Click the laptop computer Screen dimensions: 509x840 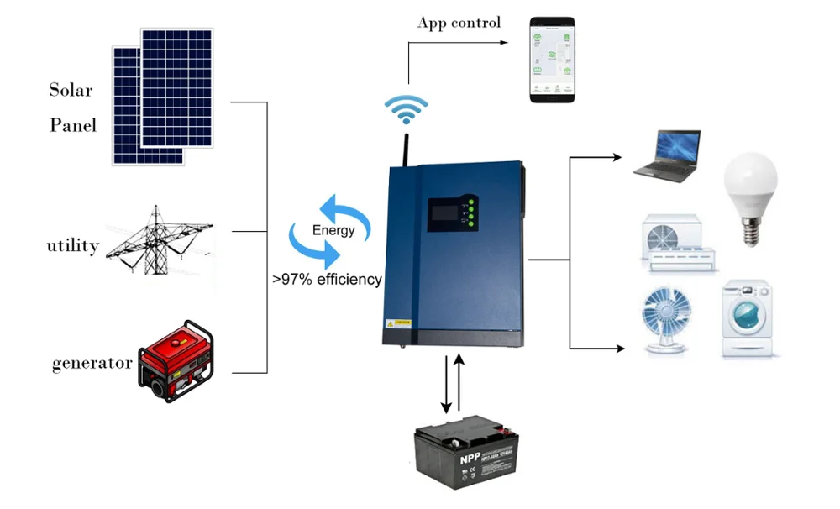[x=668, y=156]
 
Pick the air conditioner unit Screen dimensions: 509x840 [x=679, y=244]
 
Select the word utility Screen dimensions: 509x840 [x=73, y=246]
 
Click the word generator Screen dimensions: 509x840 [x=92, y=363]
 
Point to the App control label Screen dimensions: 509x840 [x=459, y=23]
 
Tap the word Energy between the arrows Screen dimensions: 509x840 [x=333, y=230]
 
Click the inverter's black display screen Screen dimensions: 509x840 [x=445, y=213]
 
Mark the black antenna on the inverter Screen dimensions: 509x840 [x=407, y=148]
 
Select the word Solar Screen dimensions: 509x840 [x=71, y=90]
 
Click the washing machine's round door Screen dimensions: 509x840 [x=745, y=317]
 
